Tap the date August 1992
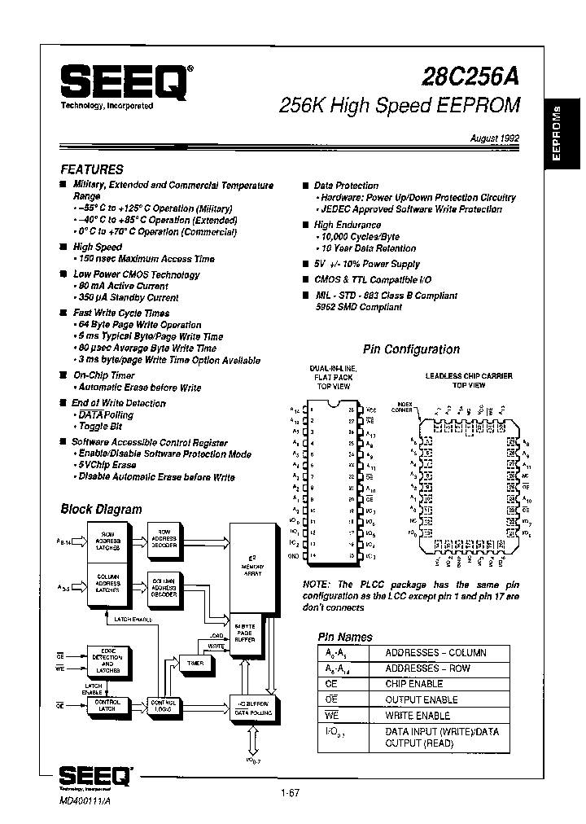point(493,140)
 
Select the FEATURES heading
point(92,169)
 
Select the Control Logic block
point(166,705)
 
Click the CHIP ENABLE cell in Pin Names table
point(414,684)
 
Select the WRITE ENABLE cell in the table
point(417,715)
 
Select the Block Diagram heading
point(101,509)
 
